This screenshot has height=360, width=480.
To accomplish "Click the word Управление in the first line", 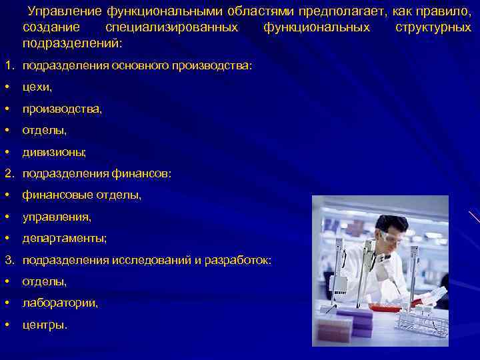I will tap(63, 13).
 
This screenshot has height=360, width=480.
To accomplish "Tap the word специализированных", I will tap(171, 27).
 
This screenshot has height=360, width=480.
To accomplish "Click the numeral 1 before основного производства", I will tap(7, 66).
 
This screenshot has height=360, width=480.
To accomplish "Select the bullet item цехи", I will tap(37, 87).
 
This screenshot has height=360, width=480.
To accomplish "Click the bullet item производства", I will tap(62, 109).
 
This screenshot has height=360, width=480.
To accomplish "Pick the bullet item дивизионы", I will tap(54, 152).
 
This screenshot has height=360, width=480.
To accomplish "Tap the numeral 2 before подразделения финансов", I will tap(7, 173).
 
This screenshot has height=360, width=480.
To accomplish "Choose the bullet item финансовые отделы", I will tap(81, 195).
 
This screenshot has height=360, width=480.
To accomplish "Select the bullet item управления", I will tap(57, 217).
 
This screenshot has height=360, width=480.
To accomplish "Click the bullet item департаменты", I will tap(64, 238).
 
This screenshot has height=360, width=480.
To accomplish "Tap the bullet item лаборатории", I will tap(60, 303).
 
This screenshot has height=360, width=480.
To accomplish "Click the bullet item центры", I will tap(44, 325).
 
